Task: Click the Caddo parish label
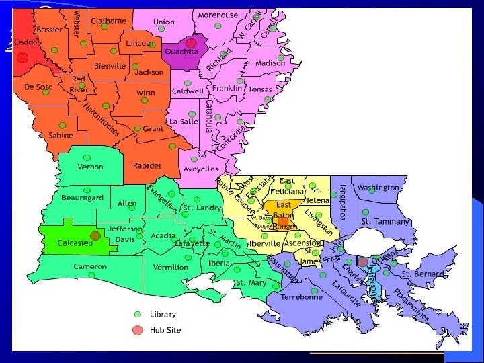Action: [26, 42]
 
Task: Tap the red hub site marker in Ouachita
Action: [191, 43]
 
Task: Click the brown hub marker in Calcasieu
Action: [95, 235]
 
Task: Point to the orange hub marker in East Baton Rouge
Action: [283, 220]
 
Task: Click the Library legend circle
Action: [138, 314]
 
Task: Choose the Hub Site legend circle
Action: [138, 330]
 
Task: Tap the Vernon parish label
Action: [90, 167]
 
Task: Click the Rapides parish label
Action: [147, 166]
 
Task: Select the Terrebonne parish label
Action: [301, 296]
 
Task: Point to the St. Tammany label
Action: [385, 221]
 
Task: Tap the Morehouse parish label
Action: [217, 15]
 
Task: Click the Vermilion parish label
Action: [170, 267]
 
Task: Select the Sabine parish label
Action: [61, 135]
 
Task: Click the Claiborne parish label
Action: [108, 21]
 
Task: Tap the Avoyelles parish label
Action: [202, 169]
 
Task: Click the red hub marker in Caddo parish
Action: [22, 58]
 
